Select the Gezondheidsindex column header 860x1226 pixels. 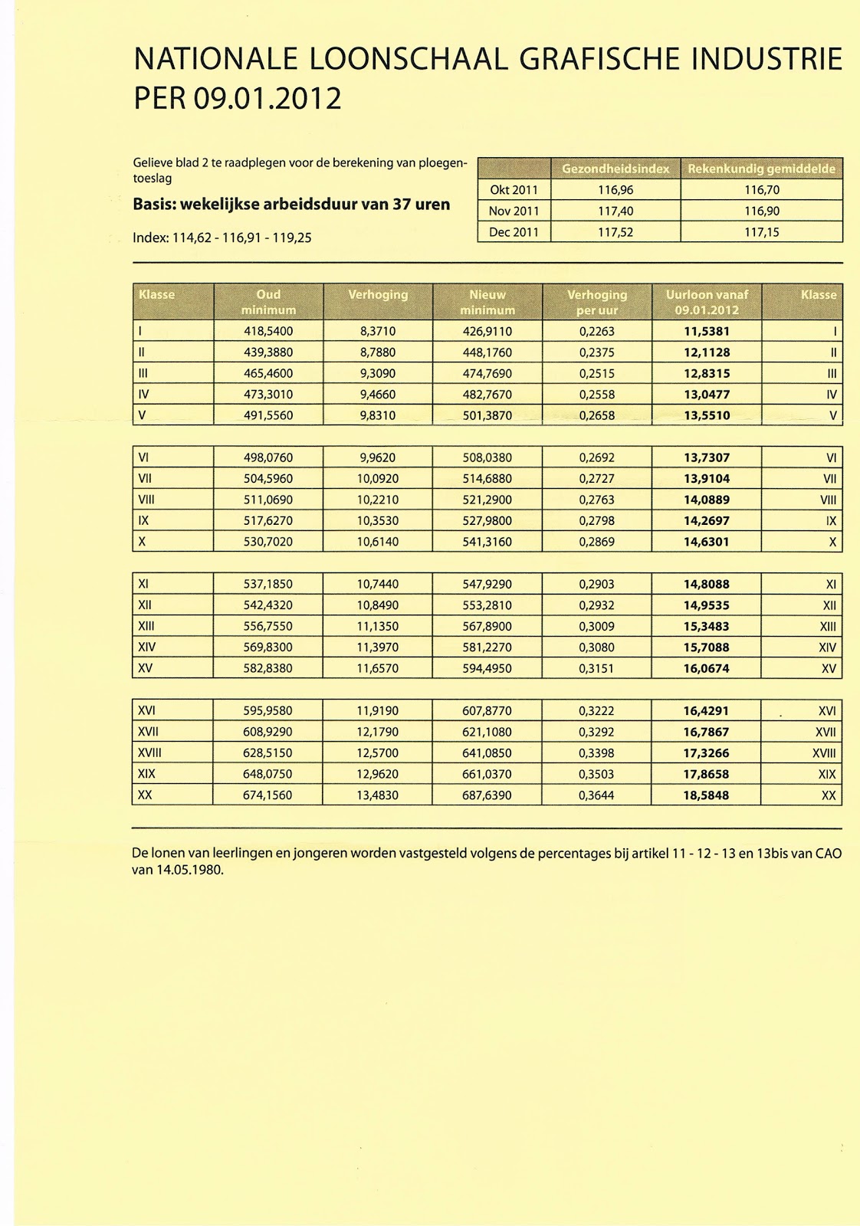point(615,169)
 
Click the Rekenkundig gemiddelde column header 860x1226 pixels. point(761,169)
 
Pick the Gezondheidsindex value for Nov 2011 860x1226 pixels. point(615,211)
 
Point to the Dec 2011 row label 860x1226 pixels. point(514,231)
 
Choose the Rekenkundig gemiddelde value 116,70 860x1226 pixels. point(761,190)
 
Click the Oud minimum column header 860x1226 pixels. point(268,302)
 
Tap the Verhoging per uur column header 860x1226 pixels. point(596,302)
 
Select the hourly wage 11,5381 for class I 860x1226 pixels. point(706,332)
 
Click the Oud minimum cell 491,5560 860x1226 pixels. point(268,416)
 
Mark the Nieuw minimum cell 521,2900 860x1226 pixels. point(487,500)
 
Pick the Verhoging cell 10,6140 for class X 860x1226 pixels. point(377,542)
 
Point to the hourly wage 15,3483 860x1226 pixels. point(706,626)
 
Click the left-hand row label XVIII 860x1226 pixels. point(149,753)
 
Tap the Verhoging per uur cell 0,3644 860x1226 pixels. point(596,795)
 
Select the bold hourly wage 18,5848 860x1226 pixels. point(706,795)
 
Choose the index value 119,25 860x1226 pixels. point(294,238)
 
